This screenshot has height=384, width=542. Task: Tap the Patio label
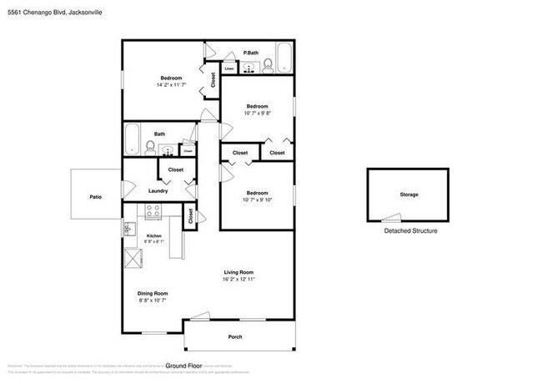coord(96,197)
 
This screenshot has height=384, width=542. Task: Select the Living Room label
coord(238,273)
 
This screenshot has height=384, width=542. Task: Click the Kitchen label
coord(153,236)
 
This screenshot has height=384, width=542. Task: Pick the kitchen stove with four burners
coord(153,213)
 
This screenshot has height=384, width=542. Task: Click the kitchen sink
coord(130,228)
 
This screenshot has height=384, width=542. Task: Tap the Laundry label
coord(158,191)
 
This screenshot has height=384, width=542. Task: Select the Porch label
coord(236,337)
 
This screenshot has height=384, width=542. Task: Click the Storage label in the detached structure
coord(409,195)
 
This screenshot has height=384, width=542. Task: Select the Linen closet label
coord(228,68)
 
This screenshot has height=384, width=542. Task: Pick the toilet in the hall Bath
coord(150,149)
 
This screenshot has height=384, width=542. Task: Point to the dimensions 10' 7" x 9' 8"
coord(257,114)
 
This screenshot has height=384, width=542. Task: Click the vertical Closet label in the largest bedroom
coord(213,80)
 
